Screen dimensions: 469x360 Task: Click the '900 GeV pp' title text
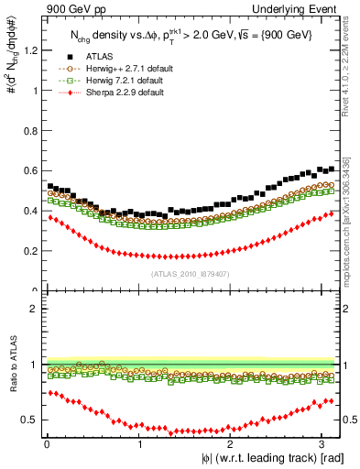click(x=65, y=8)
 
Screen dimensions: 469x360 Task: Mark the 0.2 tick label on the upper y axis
click(x=27, y=251)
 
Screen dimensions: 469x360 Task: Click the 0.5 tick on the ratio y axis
click(x=27, y=420)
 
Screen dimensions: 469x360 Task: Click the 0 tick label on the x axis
click(x=46, y=444)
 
